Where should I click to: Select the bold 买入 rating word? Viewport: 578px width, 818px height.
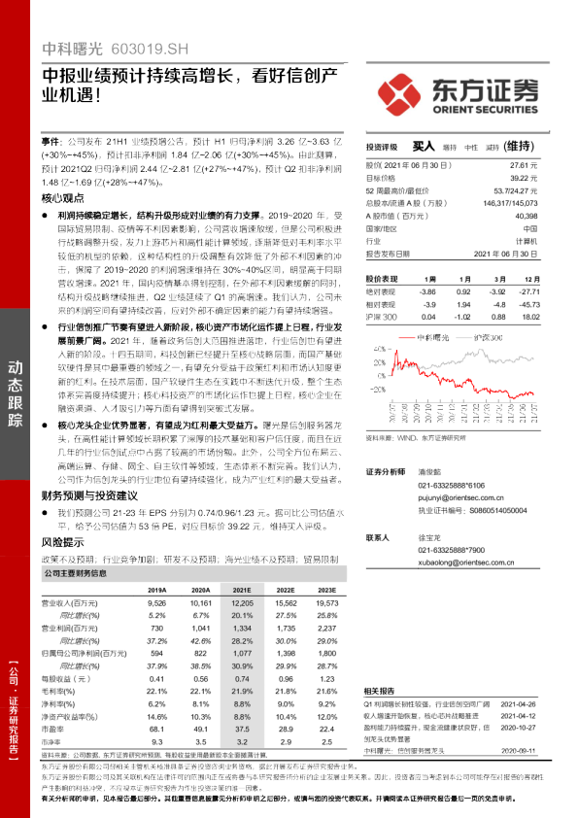[x=425, y=146]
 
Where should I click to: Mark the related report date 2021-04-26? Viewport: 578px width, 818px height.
[x=526, y=701]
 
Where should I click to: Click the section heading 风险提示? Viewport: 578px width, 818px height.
[x=63, y=541]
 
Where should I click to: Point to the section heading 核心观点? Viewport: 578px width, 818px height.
[x=63, y=197]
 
